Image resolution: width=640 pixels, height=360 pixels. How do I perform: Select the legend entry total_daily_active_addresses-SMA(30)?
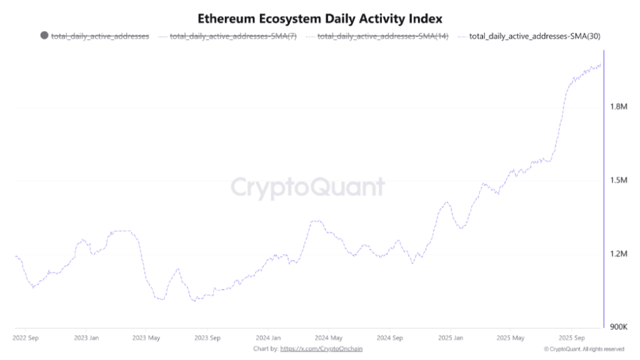(534, 36)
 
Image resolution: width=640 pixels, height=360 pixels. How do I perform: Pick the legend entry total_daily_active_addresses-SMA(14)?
(382, 36)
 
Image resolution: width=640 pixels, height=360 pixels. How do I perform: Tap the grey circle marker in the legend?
(44, 36)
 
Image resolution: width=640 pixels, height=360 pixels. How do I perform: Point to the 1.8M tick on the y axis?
(618, 107)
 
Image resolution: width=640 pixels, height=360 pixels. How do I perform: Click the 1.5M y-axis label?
(618, 181)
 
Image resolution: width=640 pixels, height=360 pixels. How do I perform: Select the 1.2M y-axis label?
(618, 254)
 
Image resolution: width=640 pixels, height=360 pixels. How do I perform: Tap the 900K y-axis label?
(618, 327)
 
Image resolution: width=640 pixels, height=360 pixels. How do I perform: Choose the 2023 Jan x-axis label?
(87, 337)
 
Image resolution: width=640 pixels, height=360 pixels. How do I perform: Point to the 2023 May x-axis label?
(147, 337)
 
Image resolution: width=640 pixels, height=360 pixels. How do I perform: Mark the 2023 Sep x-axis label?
(207, 337)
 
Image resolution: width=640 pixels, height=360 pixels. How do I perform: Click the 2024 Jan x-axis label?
(267, 337)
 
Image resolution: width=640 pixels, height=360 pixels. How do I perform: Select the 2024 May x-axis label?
(328, 337)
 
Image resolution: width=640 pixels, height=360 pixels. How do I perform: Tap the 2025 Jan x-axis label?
(449, 337)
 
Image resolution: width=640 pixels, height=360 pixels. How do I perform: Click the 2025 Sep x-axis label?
(571, 337)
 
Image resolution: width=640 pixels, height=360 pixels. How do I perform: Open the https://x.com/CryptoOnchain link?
(321, 348)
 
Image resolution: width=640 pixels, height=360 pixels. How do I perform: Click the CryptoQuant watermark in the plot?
(308, 187)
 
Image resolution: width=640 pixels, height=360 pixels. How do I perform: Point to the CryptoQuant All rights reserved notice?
(584, 349)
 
